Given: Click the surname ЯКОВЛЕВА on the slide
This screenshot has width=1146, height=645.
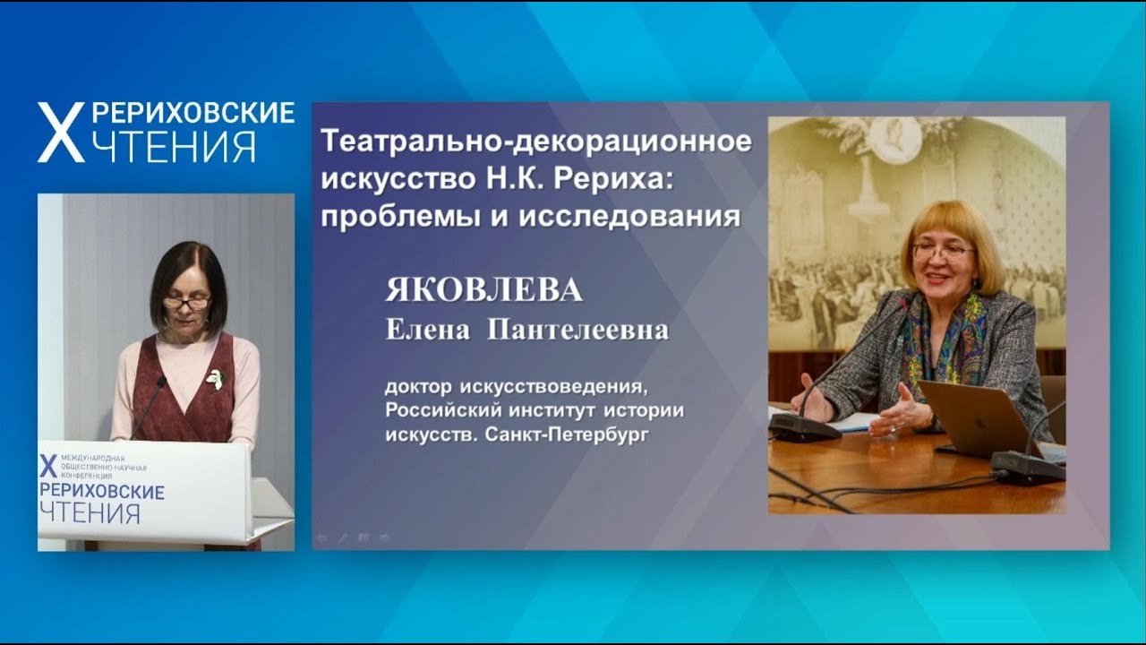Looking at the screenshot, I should tap(483, 291).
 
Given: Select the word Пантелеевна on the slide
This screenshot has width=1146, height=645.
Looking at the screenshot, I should tap(577, 331).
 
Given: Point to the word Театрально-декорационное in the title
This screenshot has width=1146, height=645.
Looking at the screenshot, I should tap(535, 142).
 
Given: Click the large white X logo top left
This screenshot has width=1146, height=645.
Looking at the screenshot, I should tap(60, 133).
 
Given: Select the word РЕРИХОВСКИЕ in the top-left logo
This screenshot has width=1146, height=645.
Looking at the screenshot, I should tap(192, 113).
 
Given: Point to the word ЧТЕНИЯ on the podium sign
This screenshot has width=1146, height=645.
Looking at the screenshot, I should tap(90, 513).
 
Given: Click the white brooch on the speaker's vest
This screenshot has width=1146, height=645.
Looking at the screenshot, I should tap(215, 379).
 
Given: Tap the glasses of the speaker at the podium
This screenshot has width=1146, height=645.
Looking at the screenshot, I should tap(187, 304).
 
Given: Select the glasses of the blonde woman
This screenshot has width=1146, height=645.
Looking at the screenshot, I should tap(943, 252).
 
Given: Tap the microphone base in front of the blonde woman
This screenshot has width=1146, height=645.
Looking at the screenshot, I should tap(804, 427).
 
